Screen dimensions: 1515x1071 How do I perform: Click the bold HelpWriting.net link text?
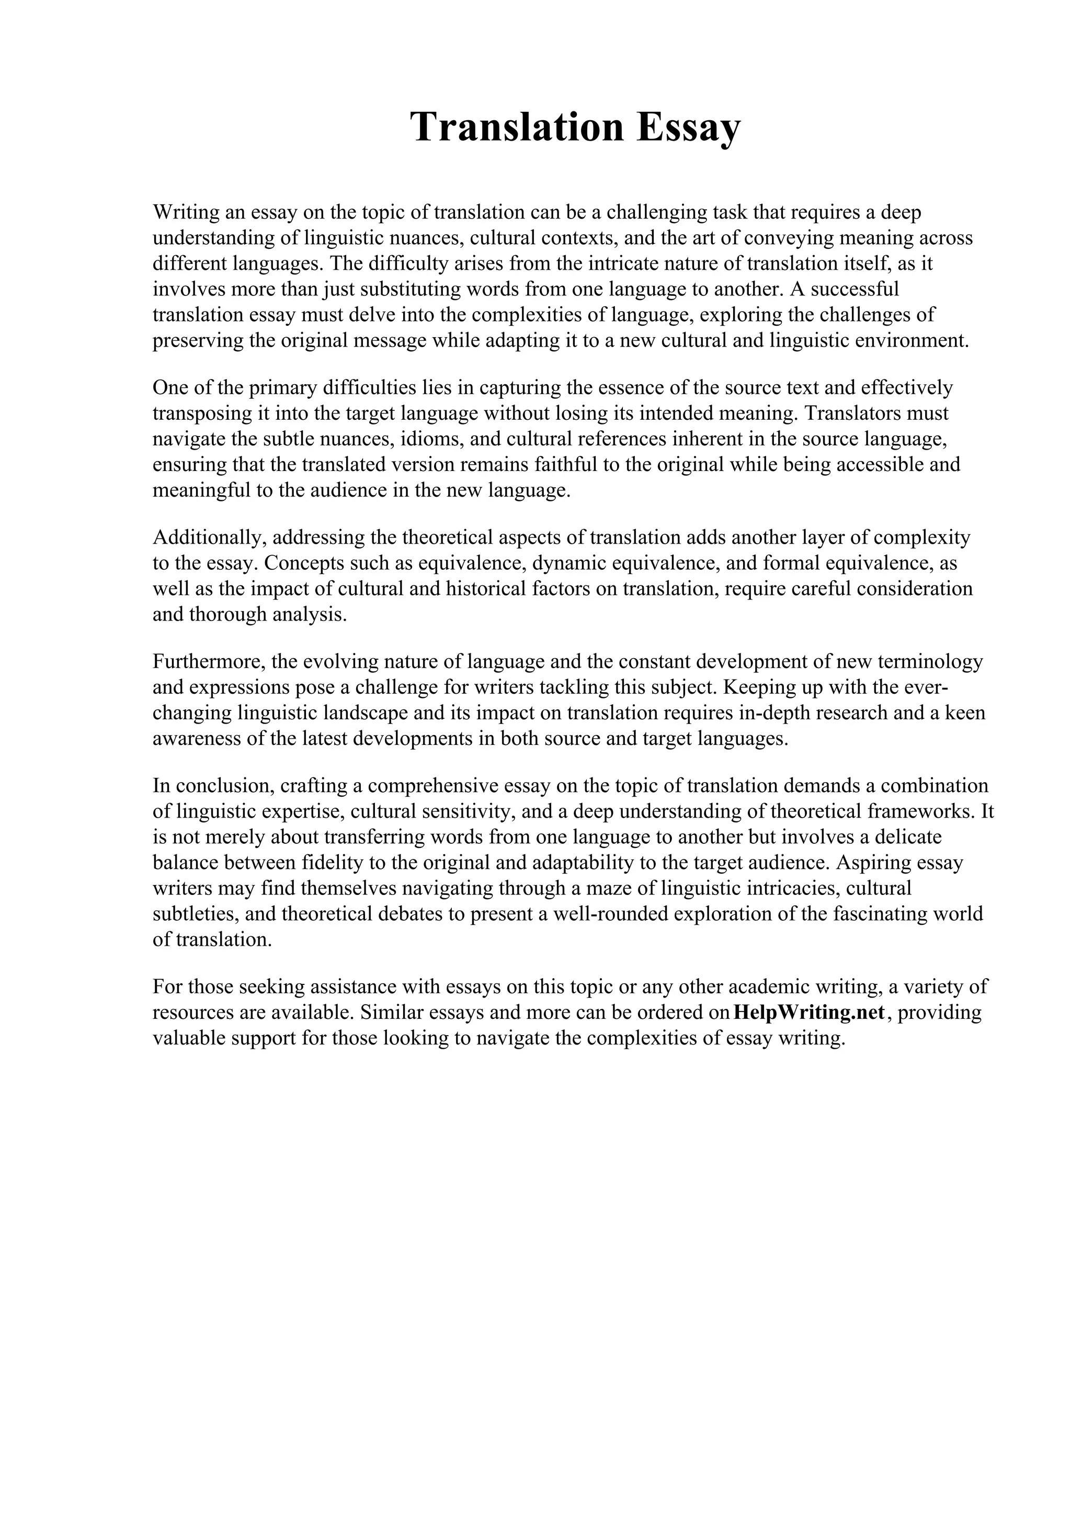point(808,1013)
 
